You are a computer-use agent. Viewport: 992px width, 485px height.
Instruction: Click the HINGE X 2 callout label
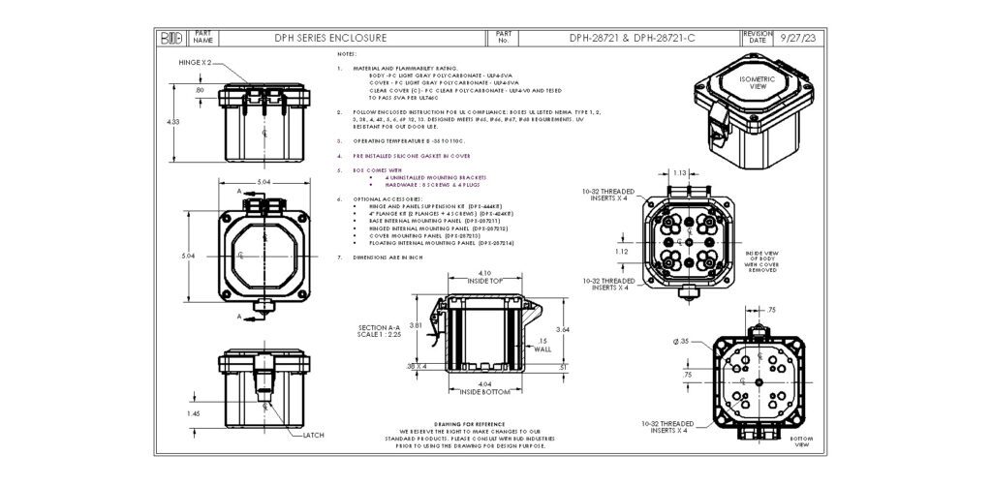pos(195,62)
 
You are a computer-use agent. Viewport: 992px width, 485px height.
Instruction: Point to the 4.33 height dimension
pos(173,122)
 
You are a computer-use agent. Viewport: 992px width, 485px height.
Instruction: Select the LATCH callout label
pos(313,436)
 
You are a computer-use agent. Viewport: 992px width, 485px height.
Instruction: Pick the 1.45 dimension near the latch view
pos(193,413)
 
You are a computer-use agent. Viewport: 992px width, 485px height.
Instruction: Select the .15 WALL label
pos(542,345)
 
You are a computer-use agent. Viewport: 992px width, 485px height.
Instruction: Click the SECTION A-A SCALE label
pos(378,331)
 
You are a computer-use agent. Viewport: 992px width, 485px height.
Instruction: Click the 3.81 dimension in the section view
pos(415,324)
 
